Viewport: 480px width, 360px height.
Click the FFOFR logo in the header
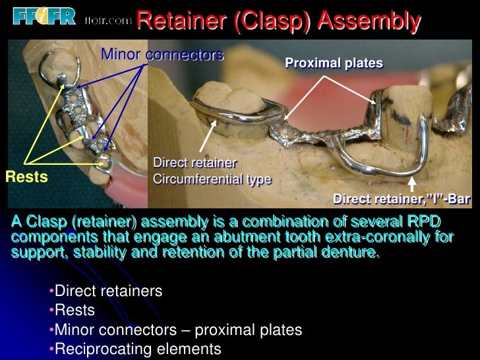(39, 16)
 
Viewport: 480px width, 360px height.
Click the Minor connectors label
(162, 55)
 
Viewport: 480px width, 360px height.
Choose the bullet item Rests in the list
(75, 310)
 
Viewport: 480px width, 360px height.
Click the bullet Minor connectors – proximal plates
(177, 330)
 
